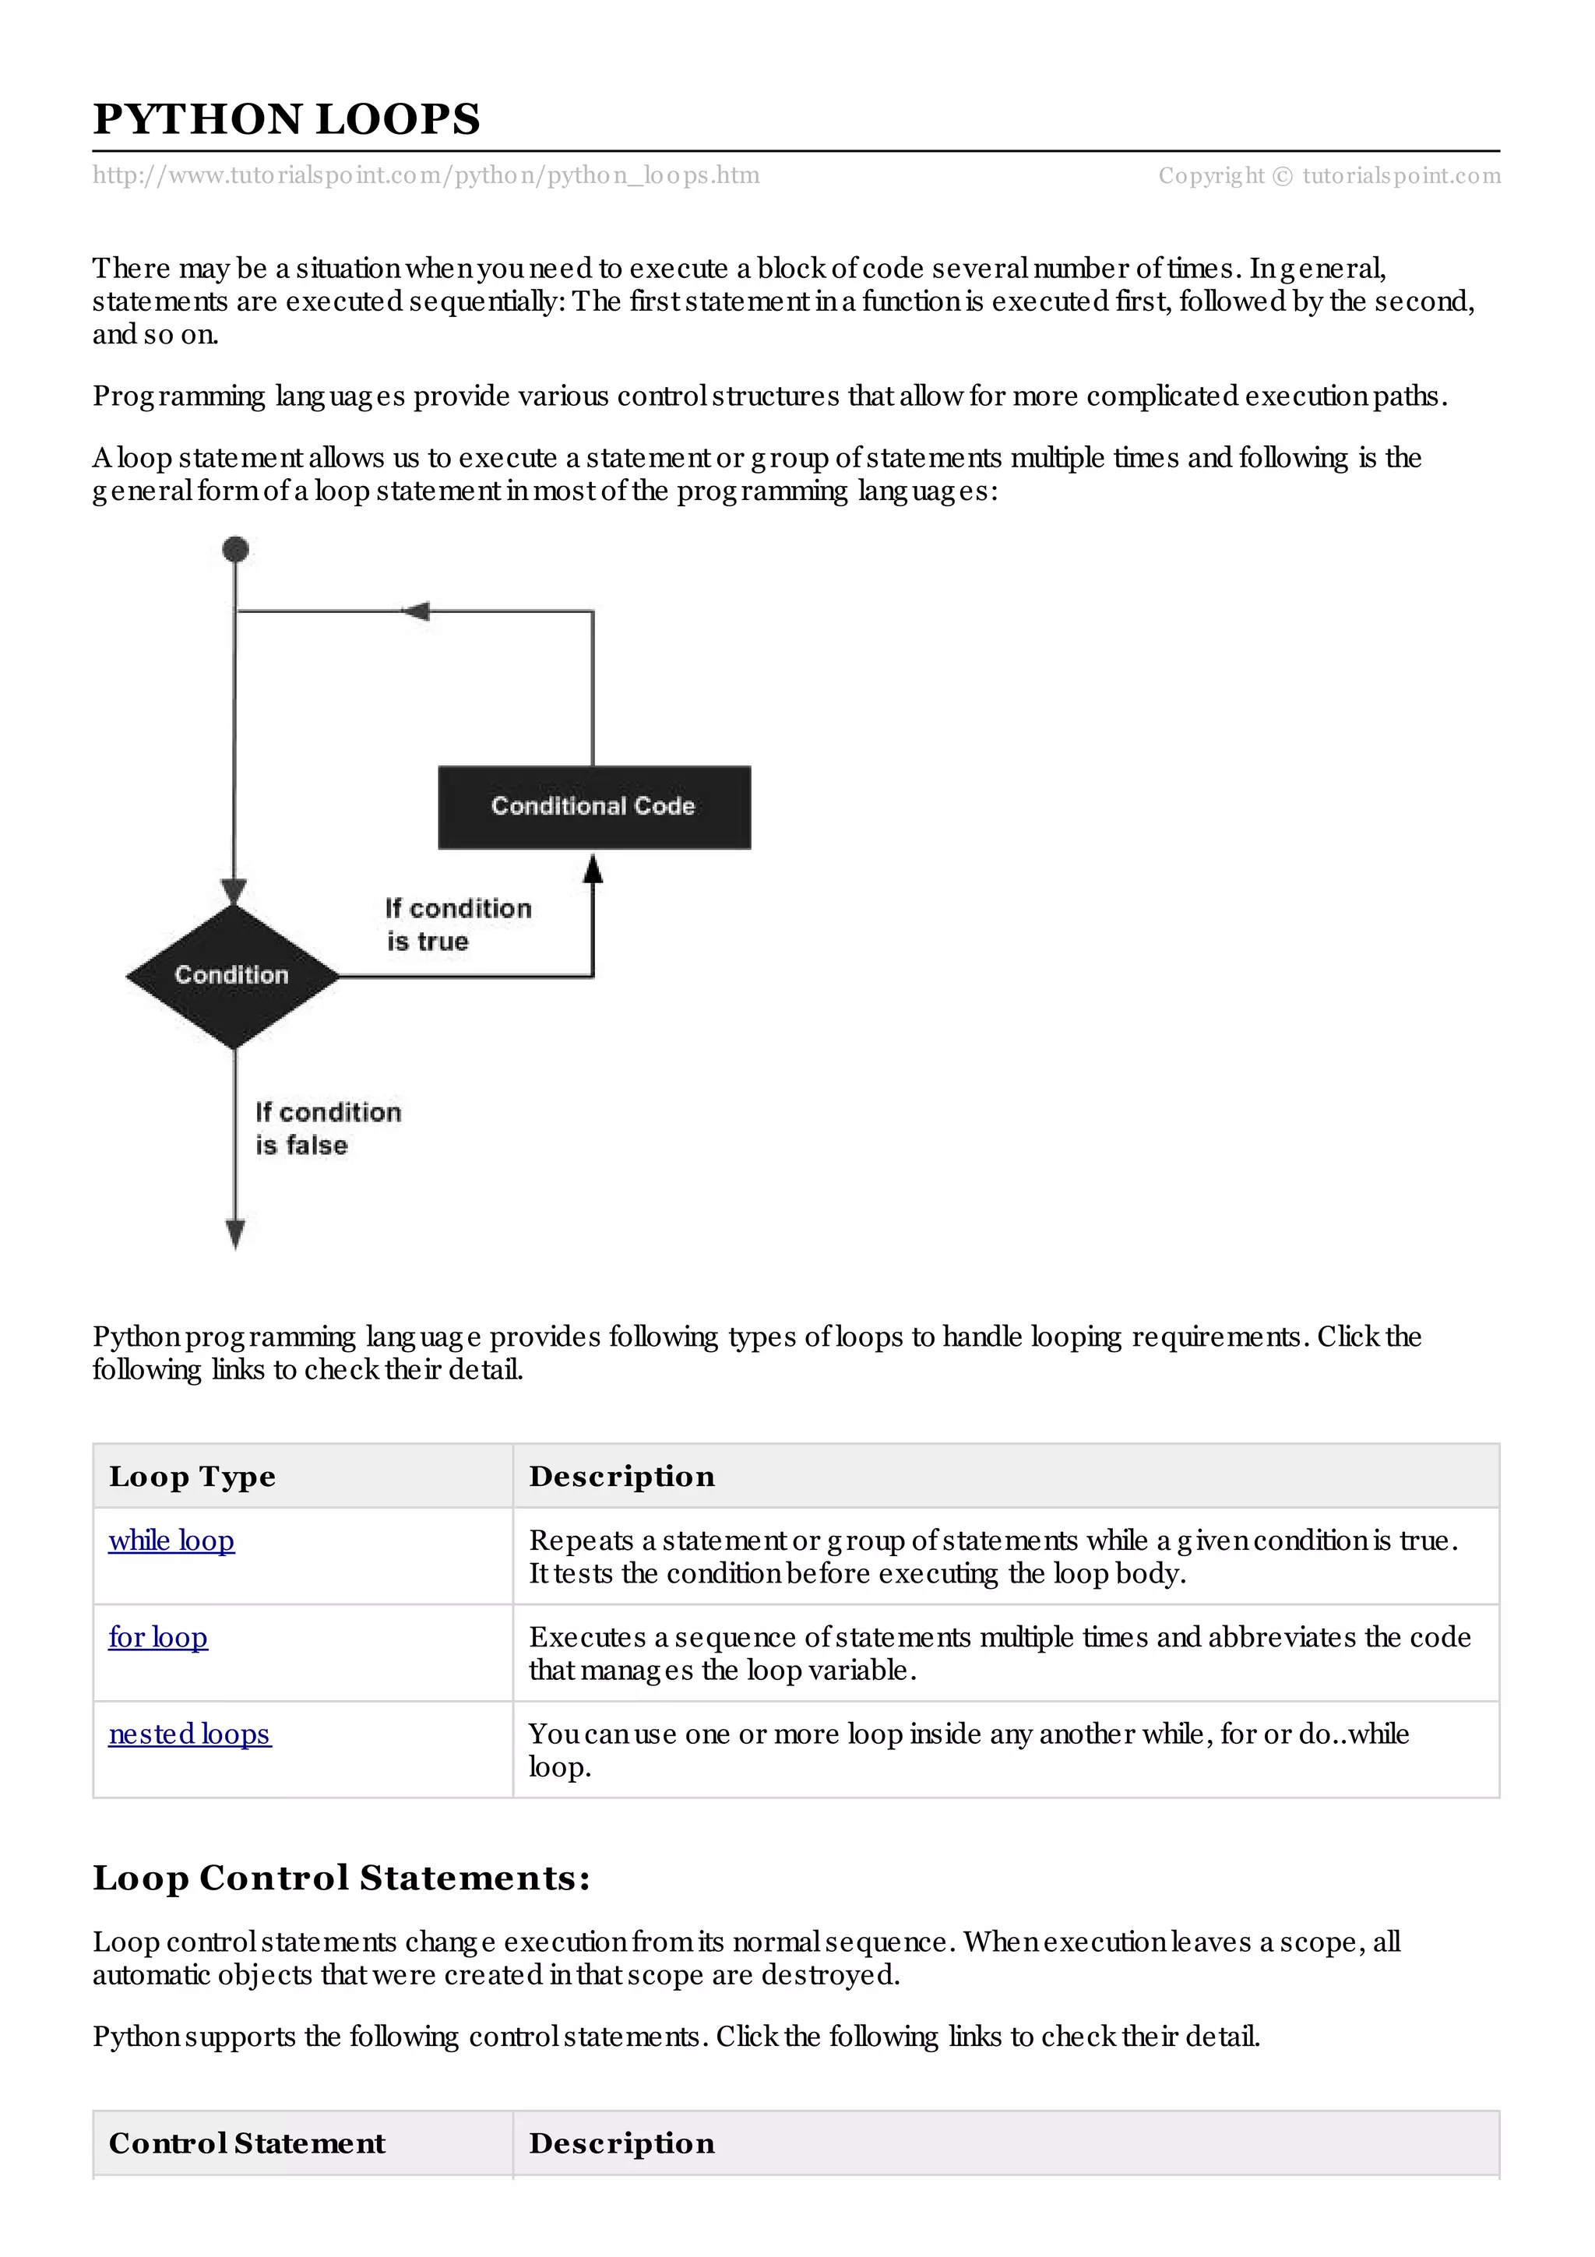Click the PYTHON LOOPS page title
click(286, 120)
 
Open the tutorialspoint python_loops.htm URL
click(425, 176)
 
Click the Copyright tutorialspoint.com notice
click(1329, 176)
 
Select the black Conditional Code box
click(593, 807)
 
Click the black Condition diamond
click(233, 975)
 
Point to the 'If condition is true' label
click(457, 924)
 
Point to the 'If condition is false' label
click(327, 1128)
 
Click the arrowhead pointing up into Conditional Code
click(593, 868)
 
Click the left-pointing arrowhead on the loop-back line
click(417, 611)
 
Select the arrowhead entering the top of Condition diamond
click(234, 892)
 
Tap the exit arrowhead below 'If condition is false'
click(235, 1234)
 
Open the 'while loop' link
click(171, 1540)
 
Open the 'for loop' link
click(157, 1637)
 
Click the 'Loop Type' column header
click(192, 1477)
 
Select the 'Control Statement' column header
click(247, 2143)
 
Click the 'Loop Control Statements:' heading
click(341, 1878)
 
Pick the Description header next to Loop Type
click(621, 1477)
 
